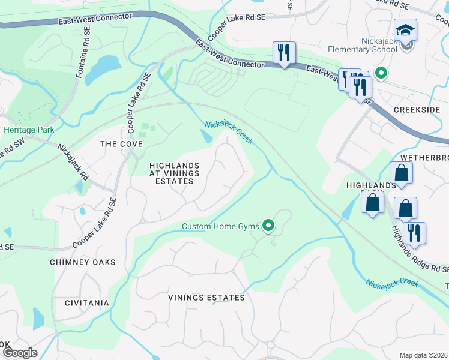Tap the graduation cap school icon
(406, 30)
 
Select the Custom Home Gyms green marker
(268, 226)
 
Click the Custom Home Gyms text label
(220, 226)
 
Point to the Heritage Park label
(28, 130)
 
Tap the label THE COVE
(121, 144)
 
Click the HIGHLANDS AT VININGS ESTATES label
(174, 173)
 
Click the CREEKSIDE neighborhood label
(417, 110)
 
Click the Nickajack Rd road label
(73, 163)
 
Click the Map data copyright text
(423, 355)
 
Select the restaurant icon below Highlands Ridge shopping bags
(414, 232)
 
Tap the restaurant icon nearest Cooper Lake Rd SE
(284, 52)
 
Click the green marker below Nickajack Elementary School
(380, 73)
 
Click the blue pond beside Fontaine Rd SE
(103, 68)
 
